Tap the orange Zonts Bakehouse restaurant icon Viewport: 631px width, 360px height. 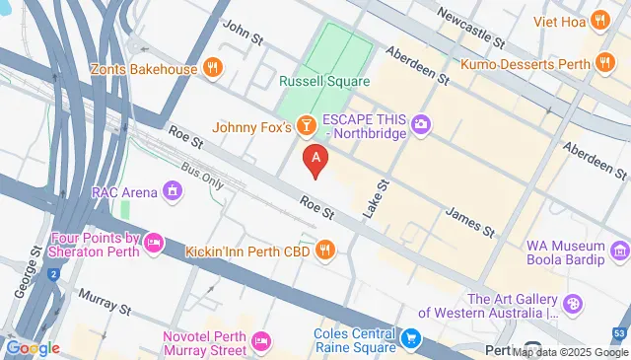212,68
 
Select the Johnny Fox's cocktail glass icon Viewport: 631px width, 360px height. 308,126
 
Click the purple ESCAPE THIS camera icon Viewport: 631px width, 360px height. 422,123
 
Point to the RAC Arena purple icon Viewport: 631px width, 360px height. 174,189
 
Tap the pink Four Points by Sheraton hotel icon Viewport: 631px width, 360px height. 153,242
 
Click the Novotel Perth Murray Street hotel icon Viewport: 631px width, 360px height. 261,341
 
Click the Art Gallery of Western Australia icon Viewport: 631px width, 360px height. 573,306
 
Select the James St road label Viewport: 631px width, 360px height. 469,221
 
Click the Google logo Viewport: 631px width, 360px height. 33,348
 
